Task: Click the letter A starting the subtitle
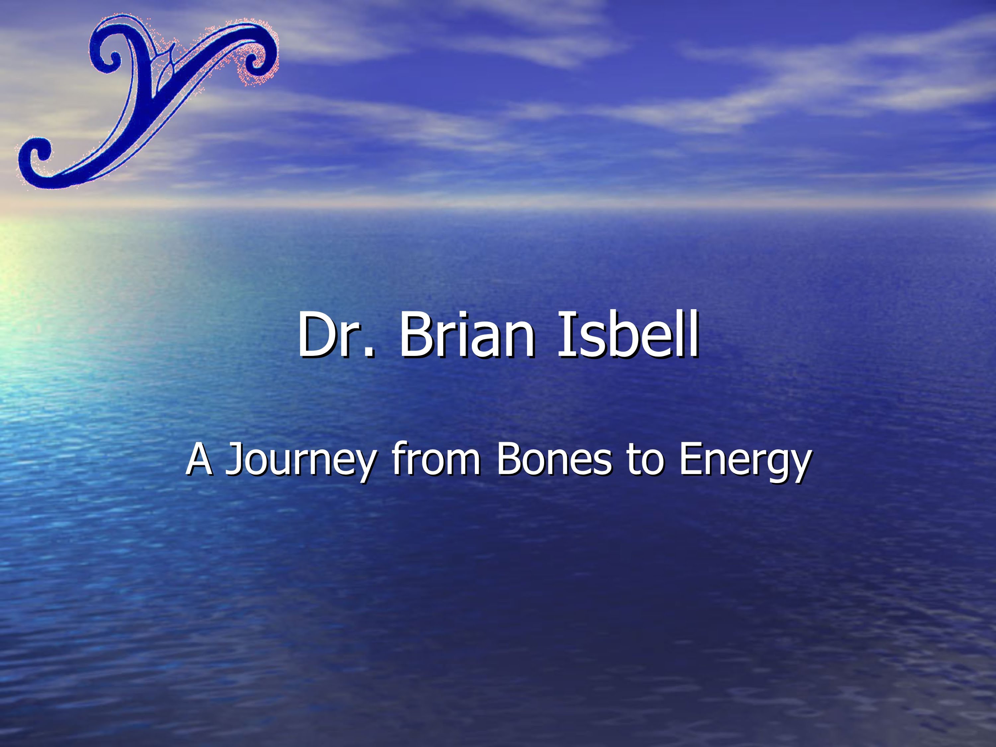click(x=199, y=459)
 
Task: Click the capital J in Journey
click(x=234, y=459)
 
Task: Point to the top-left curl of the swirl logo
click(x=107, y=54)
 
